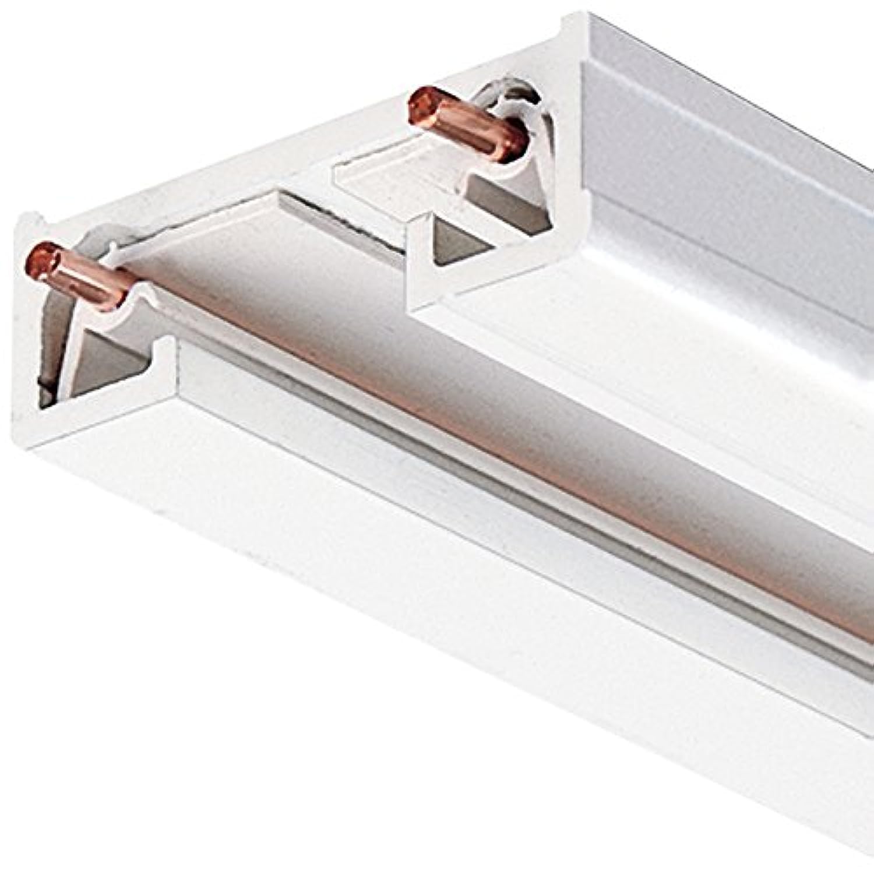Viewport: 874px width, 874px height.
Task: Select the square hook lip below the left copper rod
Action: point(166,350)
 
